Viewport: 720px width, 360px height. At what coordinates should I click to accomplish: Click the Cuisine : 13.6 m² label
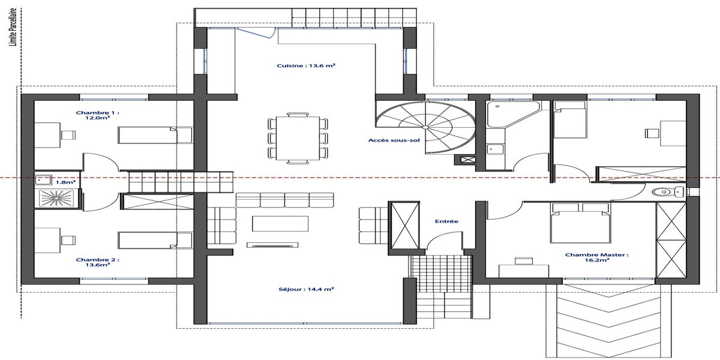pos(306,65)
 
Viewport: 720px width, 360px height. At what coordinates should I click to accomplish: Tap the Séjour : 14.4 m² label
pos(306,289)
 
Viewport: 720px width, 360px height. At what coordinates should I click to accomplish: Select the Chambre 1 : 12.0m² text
pos(97,115)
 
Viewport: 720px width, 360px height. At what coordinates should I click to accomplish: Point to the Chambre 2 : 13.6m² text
pos(97,262)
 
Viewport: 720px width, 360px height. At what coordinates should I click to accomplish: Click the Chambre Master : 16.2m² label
pos(597,257)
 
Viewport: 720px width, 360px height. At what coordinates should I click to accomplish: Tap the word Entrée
pos(446,221)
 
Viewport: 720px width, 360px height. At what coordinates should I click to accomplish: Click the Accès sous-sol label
pos(394,140)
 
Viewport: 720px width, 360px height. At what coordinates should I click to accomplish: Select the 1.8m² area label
pos(65,182)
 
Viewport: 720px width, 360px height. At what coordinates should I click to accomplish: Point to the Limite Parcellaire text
pos(13,28)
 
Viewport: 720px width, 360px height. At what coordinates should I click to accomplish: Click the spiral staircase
pos(426,127)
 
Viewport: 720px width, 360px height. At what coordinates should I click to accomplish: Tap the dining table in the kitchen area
pos(298,138)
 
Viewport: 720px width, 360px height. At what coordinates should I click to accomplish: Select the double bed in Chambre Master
pos(581,223)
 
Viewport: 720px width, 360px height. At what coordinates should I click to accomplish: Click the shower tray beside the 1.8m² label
pos(56,198)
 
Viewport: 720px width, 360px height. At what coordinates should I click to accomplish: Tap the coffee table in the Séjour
pos(280,224)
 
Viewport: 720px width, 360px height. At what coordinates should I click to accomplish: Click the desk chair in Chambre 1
pos(68,135)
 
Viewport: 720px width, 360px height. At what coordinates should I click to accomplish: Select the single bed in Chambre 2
pos(155,241)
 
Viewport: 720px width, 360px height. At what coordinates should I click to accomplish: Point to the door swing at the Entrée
pos(444,240)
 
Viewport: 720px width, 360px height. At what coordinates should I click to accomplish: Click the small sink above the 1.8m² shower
pos(43,180)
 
